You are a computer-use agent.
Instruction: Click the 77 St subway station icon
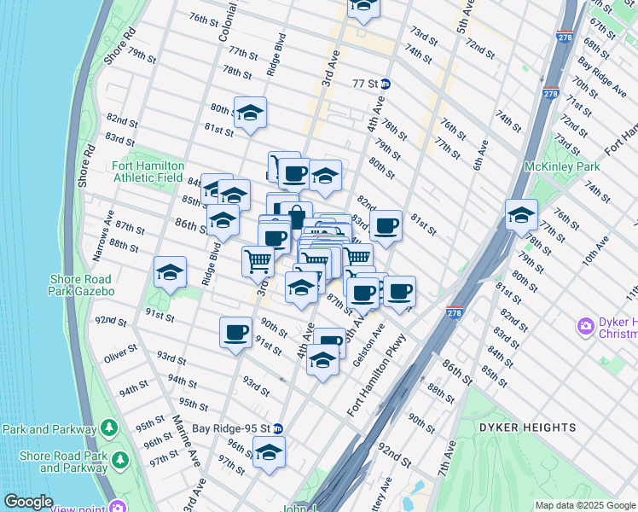pyautogui.click(x=386, y=84)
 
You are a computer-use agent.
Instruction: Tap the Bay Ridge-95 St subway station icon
pyautogui.click(x=277, y=428)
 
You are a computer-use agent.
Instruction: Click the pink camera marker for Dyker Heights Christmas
pyautogui.click(x=585, y=325)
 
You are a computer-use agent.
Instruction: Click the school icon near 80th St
pyautogui.click(x=250, y=113)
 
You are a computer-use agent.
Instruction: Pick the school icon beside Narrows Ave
pyautogui.click(x=170, y=272)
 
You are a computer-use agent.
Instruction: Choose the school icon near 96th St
pyautogui.click(x=269, y=452)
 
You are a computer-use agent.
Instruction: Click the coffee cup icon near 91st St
pyautogui.click(x=235, y=333)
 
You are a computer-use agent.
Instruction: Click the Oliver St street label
pyautogui.click(x=120, y=352)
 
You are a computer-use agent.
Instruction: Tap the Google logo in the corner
pyautogui.click(x=28, y=502)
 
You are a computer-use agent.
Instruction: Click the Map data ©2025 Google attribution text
pyautogui.click(x=584, y=505)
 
